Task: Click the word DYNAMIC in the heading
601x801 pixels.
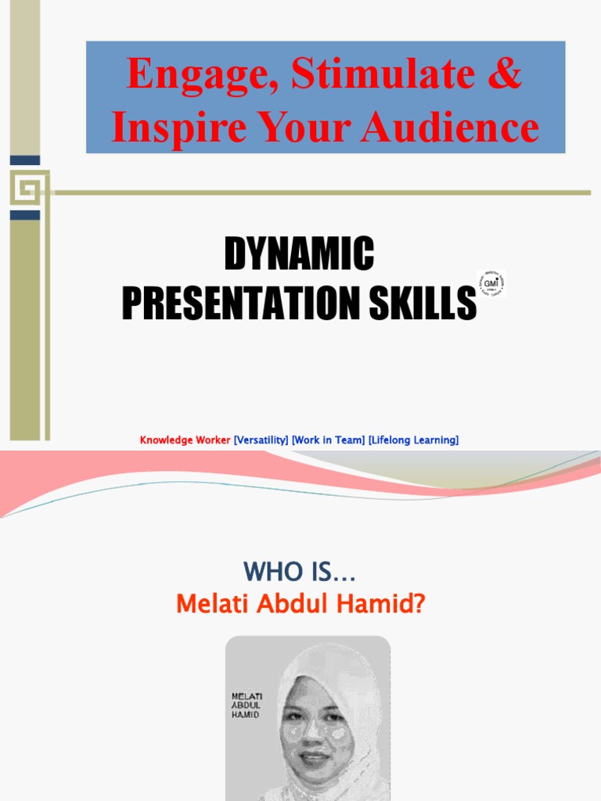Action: click(x=299, y=254)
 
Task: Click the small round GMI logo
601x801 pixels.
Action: click(x=491, y=283)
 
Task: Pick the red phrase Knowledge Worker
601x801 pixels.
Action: click(x=185, y=440)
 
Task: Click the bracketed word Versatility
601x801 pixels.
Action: click(x=261, y=440)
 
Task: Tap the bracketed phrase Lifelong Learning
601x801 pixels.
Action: click(x=413, y=440)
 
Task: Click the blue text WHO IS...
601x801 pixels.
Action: click(x=299, y=572)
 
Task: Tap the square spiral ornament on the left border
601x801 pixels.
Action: click(x=26, y=188)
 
